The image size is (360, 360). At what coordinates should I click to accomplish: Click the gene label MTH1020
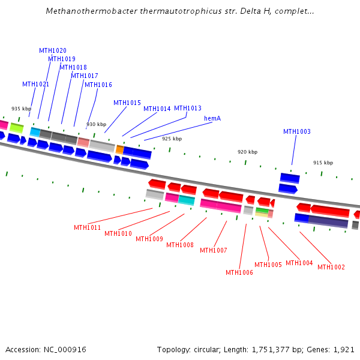pos(53,50)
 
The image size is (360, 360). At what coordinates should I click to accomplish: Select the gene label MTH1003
pos(297,131)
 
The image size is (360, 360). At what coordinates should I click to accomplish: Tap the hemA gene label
pos(212,118)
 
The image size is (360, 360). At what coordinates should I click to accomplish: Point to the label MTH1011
pos(88,227)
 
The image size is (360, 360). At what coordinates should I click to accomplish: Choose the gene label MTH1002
pos(331,267)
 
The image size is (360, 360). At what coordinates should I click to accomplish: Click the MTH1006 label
pos(239,272)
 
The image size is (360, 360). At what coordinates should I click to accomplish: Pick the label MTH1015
pos(127,103)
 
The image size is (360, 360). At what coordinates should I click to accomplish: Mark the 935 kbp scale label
pos(21,109)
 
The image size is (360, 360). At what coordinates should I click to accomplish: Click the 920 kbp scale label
pos(247,152)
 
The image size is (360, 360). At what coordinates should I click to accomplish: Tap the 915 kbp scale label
pos(323,163)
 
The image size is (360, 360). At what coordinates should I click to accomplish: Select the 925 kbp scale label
pos(172,139)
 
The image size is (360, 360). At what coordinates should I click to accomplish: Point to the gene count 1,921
pos(343,349)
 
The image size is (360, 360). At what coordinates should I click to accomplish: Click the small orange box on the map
pos(120,149)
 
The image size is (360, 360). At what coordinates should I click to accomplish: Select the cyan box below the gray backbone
pos(187,200)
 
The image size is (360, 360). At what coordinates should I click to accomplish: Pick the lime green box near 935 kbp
pos(16,127)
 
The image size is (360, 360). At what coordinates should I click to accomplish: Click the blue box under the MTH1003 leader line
pos(290,178)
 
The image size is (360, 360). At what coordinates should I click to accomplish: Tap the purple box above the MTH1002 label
pos(328,221)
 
